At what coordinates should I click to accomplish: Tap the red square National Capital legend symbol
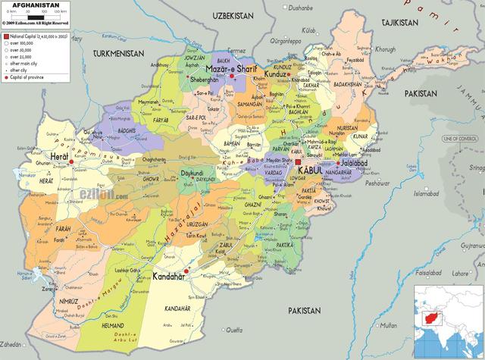coord(5,36)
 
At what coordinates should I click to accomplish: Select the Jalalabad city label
coord(355,162)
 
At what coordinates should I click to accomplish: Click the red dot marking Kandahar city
coord(186,271)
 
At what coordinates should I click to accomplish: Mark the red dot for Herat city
coord(71,161)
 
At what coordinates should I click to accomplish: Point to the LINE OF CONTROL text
coord(457,138)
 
